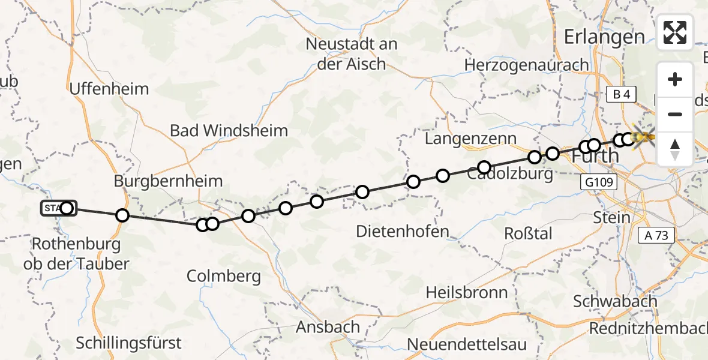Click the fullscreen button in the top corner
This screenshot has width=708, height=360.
point(675,32)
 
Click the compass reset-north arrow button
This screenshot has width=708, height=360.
point(675,149)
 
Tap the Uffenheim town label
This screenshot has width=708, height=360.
point(109,89)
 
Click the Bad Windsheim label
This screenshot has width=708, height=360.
point(229,130)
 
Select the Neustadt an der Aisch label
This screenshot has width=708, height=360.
point(352,53)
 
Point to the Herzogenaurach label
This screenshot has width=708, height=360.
point(527,65)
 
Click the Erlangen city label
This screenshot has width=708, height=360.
point(604,37)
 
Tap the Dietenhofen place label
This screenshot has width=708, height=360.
point(402,231)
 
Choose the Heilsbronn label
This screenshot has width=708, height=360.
point(466,293)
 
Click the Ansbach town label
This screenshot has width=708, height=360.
point(328,328)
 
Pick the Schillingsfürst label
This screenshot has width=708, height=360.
point(128,343)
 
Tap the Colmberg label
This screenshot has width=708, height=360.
point(224,276)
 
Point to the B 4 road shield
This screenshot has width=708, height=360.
point(621,94)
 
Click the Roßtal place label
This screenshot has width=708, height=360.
point(529,233)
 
